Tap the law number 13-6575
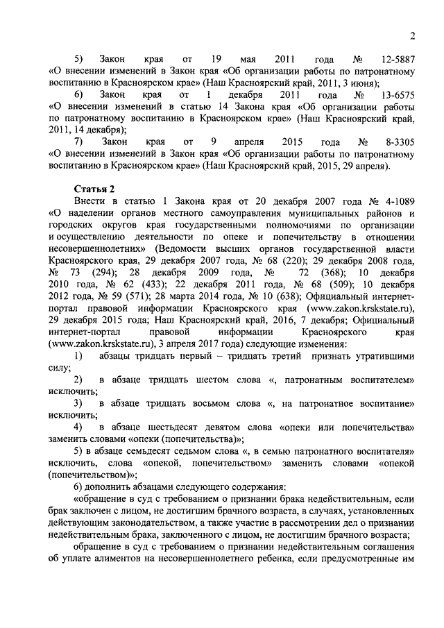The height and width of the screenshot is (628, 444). click(x=395, y=94)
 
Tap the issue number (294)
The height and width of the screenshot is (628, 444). click(x=108, y=272)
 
